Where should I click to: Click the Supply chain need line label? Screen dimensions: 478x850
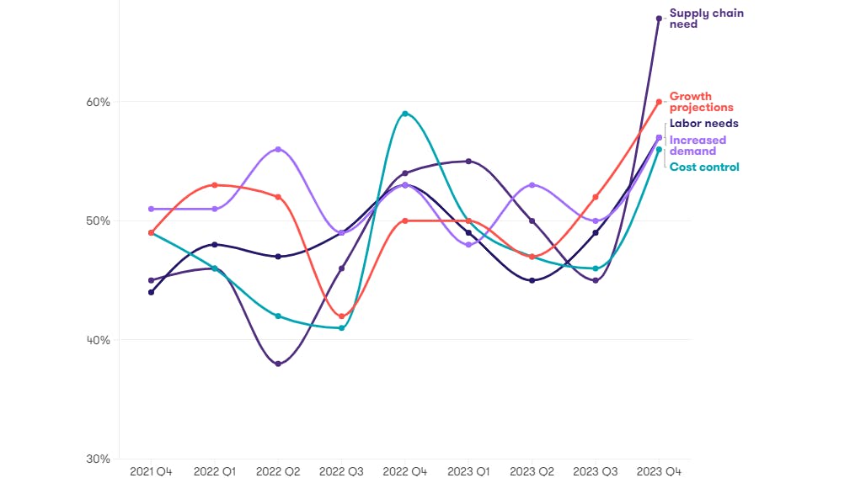(706, 19)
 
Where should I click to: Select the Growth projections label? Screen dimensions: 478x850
(701, 102)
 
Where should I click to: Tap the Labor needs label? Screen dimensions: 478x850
(703, 124)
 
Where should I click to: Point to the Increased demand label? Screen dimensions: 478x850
(698, 146)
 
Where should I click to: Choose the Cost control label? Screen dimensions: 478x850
(704, 167)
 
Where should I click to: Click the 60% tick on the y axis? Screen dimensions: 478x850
(99, 103)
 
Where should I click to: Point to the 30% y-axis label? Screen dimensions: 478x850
(99, 459)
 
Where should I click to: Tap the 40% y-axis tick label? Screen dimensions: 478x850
(99, 340)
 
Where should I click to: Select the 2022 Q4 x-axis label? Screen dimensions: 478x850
(405, 472)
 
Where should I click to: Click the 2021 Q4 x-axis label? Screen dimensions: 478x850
(151, 472)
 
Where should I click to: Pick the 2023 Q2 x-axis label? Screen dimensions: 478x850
(532, 472)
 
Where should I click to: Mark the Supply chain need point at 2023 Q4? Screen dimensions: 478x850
(659, 19)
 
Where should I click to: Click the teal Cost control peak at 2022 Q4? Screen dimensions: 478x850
(405, 114)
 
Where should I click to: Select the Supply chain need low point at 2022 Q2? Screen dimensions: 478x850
(278, 364)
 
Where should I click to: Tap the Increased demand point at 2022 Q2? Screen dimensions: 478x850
(278, 149)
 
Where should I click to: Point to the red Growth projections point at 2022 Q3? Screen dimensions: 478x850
(341, 316)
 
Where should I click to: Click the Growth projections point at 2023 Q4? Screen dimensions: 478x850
(659, 102)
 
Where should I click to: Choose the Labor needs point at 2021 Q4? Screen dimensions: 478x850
(151, 292)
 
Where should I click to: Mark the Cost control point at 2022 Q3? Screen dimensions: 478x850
(341, 328)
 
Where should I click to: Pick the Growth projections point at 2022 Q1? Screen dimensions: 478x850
(215, 185)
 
